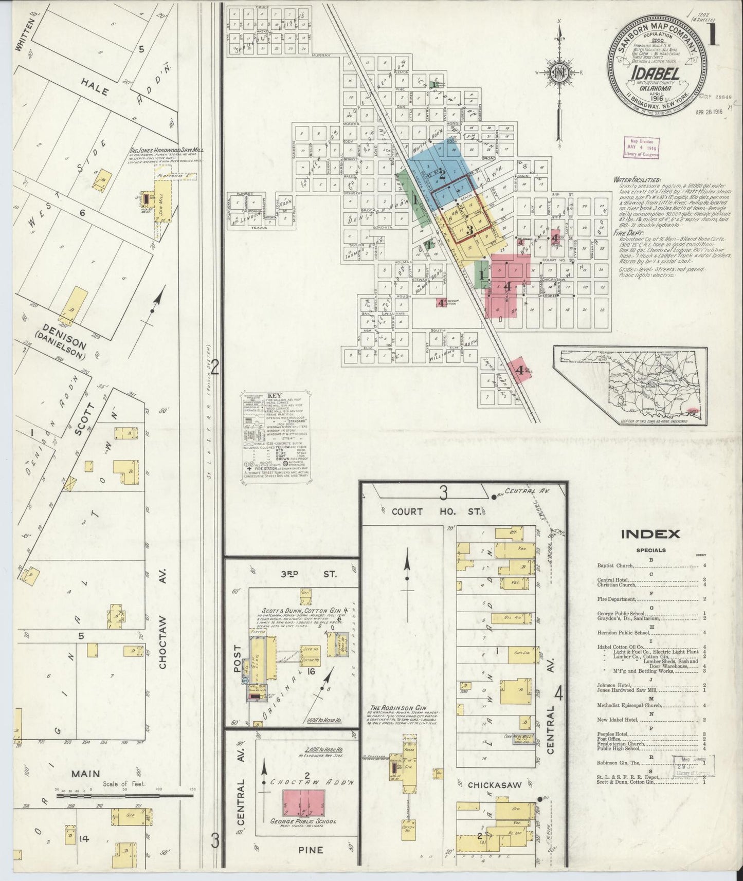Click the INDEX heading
[x=650, y=534]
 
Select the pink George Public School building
[x=303, y=803]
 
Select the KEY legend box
[x=277, y=438]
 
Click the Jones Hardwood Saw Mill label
[x=167, y=150]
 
